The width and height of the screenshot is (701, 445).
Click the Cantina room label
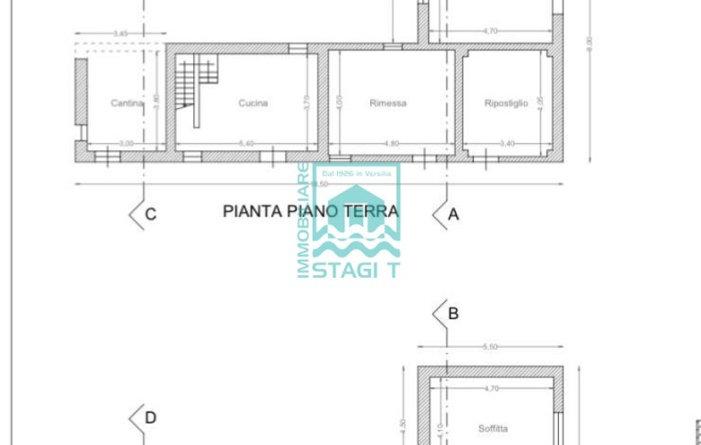(127, 103)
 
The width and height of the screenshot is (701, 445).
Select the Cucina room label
(253, 103)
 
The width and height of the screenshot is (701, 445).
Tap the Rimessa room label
(387, 103)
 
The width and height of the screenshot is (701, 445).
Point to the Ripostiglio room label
(505, 103)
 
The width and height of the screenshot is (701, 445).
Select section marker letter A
(454, 214)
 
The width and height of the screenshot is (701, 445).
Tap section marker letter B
(454, 314)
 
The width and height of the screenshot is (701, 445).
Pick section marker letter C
(151, 214)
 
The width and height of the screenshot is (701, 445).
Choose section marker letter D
(151, 417)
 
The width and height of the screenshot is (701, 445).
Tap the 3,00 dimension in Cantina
(126, 144)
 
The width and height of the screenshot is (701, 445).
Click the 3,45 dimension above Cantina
(120, 34)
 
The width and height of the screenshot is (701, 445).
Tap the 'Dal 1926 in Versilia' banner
(356, 173)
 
